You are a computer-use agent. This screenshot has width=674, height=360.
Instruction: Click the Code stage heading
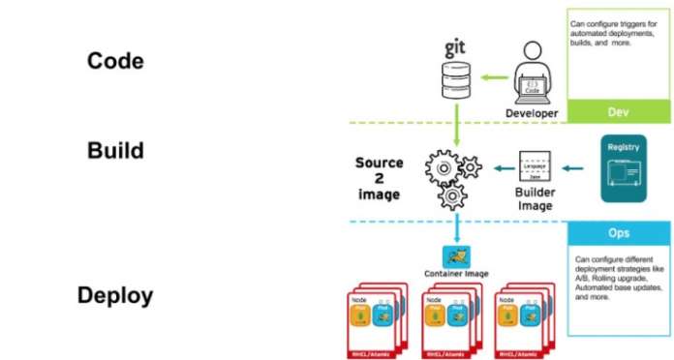point(115,61)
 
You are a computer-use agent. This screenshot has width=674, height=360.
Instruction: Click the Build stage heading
point(115,151)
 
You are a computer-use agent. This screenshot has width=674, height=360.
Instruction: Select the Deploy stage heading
point(115,295)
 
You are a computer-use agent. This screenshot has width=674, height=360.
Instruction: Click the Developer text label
point(532,113)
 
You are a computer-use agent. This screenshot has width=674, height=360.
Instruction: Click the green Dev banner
point(618,112)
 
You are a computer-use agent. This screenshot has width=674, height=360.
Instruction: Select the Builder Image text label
point(533,199)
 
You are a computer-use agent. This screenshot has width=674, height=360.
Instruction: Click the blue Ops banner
point(618,233)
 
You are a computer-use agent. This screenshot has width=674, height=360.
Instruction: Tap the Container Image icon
point(456,256)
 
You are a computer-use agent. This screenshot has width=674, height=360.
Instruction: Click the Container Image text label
point(456,275)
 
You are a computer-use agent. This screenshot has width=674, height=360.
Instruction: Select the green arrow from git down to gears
point(456,127)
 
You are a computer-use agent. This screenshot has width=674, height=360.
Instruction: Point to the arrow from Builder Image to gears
point(499,170)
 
